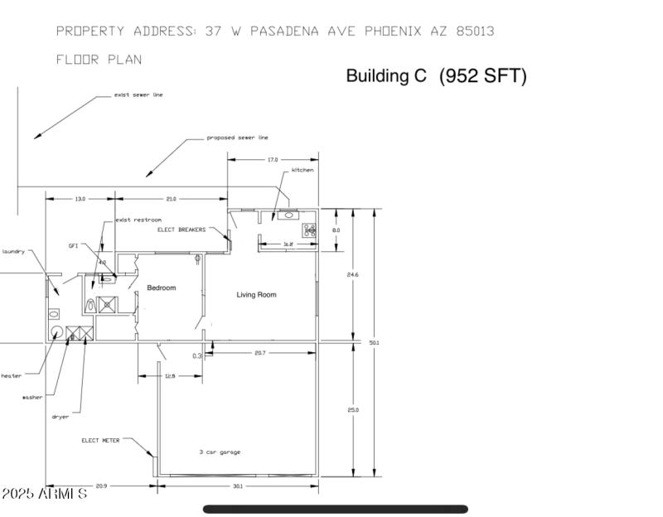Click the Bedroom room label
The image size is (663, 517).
tap(162, 288)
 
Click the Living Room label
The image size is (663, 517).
tap(256, 295)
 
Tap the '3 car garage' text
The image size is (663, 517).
tap(220, 452)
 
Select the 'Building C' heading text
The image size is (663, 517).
tap(386, 76)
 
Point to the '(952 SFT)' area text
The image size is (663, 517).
tap(482, 76)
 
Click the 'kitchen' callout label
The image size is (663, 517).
tap(302, 170)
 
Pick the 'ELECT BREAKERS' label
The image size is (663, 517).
tap(181, 230)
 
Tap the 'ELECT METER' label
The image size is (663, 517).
tap(100, 441)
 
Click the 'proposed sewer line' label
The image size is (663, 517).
tap(237, 138)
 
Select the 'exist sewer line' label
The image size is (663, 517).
tap(138, 94)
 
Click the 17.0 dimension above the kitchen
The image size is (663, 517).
tap(273, 159)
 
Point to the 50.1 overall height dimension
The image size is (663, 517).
tap(374, 342)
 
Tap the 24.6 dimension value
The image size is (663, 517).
tap(353, 274)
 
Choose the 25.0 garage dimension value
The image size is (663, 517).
tap(353, 410)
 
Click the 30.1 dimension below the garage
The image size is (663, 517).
tap(238, 486)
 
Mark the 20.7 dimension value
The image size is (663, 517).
tap(260, 354)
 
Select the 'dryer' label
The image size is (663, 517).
tap(60, 417)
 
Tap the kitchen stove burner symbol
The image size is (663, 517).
tap(310, 230)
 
